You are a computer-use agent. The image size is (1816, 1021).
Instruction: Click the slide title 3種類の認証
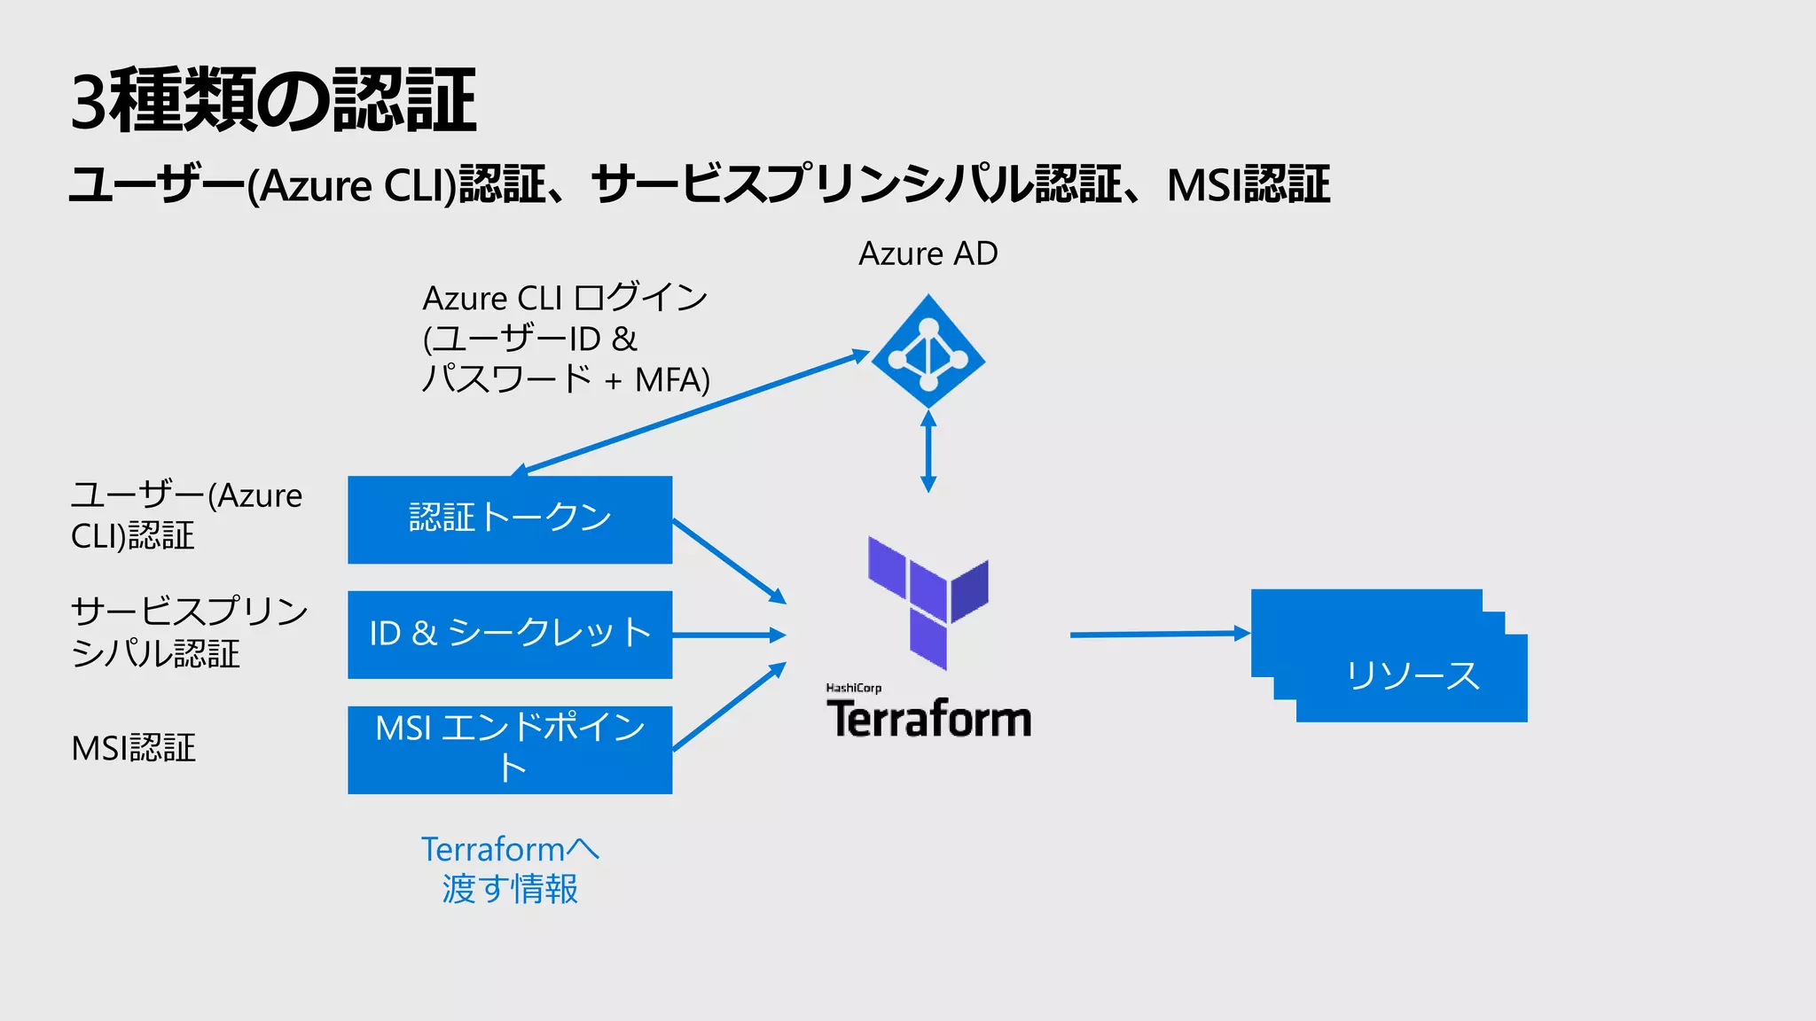pos(273,100)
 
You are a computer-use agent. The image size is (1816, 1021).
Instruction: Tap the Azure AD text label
pos(928,254)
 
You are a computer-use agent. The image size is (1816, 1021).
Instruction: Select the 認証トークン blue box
pos(510,519)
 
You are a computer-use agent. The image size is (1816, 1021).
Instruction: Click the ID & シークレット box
pos(510,635)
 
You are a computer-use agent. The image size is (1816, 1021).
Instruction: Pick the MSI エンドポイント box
pos(510,750)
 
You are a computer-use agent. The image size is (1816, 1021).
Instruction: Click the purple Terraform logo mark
pos(928,603)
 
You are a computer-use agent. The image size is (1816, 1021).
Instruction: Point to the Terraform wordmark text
pos(928,719)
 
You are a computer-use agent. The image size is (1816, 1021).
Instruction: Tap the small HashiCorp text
pos(853,688)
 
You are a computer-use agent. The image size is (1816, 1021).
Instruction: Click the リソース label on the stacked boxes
pos(1412,676)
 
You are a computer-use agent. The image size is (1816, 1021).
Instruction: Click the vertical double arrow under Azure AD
pos(928,452)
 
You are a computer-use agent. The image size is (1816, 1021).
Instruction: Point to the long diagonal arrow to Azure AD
pos(692,412)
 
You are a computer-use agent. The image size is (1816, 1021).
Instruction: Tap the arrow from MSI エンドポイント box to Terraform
pos(729,707)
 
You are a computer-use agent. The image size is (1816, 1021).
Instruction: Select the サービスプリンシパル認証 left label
pos(188,632)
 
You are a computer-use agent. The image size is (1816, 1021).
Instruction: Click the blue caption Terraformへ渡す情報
pos(510,869)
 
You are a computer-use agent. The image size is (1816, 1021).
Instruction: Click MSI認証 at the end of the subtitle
pos(1248,185)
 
